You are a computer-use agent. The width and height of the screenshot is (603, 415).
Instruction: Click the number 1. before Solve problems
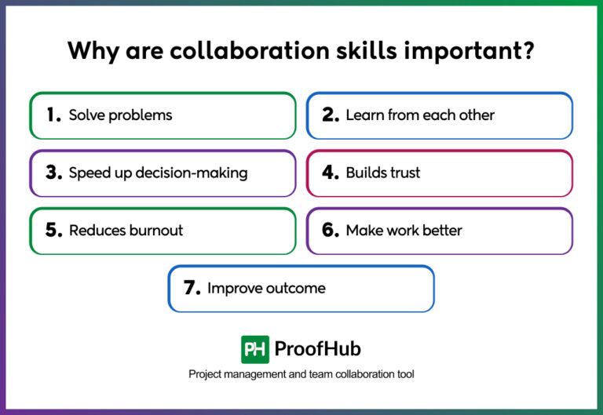pyautogui.click(x=53, y=115)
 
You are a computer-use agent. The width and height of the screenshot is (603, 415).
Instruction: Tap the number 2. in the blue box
pyautogui.click(x=331, y=115)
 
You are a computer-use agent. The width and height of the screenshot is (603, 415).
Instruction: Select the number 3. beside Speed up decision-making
pyautogui.click(x=53, y=173)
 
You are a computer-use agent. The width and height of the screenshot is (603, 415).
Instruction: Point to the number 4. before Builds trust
pyautogui.click(x=331, y=173)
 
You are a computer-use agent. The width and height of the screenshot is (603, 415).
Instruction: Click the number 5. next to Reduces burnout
pyautogui.click(x=53, y=231)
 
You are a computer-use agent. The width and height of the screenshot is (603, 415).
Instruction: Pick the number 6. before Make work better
pyautogui.click(x=331, y=231)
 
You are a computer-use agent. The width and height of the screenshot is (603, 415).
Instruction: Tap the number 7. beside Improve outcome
pyautogui.click(x=192, y=288)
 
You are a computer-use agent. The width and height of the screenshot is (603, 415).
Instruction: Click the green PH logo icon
pyautogui.click(x=255, y=349)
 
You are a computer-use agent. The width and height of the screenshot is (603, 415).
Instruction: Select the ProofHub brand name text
pyautogui.click(x=317, y=349)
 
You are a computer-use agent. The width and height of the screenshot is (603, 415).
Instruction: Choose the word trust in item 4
pyautogui.click(x=404, y=173)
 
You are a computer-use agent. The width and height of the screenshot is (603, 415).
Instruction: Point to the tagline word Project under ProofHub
pyautogui.click(x=206, y=374)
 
